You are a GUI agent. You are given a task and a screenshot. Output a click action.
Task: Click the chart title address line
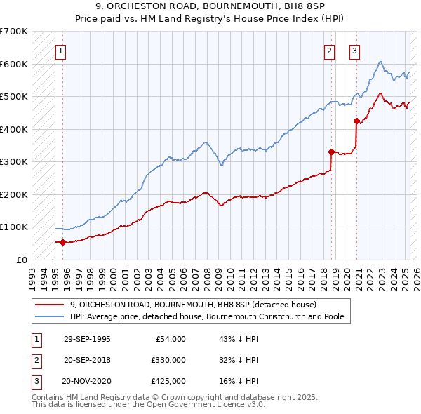pyautogui.click(x=210, y=6)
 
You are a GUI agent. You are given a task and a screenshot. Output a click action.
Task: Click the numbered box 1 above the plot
pyautogui.click(x=61, y=51)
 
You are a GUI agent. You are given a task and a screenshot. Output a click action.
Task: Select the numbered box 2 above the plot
pyautogui.click(x=329, y=51)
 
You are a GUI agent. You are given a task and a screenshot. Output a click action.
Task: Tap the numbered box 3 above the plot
pyautogui.click(x=355, y=51)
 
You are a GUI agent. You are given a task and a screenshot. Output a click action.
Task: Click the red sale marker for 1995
pyautogui.click(x=63, y=243)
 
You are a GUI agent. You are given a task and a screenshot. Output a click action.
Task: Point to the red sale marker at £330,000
pyautogui.click(x=331, y=152)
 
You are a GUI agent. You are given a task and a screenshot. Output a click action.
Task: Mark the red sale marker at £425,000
pyautogui.click(x=356, y=121)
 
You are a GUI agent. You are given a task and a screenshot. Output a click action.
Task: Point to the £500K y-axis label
pyautogui.click(x=13, y=96)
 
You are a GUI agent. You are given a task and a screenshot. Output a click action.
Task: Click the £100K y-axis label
pyautogui.click(x=13, y=227)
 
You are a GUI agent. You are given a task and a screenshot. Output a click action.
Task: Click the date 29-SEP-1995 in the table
pyautogui.click(x=87, y=339)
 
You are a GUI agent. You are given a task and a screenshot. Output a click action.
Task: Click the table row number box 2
pyautogui.click(x=34, y=360)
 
